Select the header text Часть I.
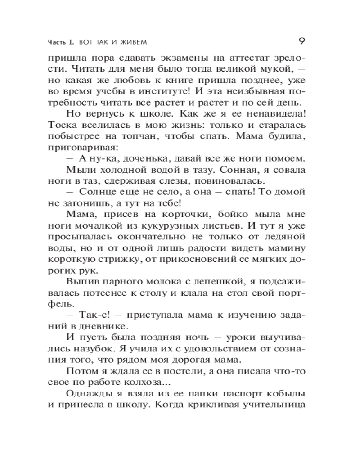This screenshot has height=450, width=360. tap(61, 43)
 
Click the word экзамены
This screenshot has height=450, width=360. tap(185, 59)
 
